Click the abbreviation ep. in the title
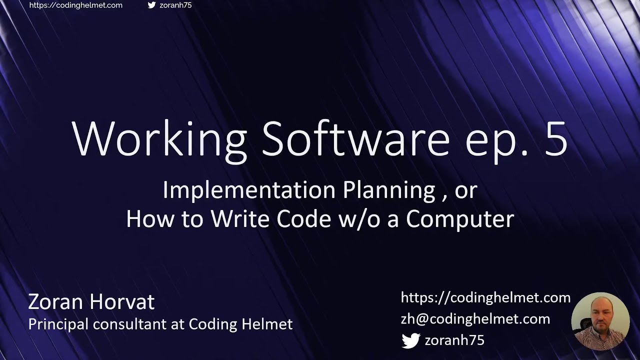click(x=495, y=142)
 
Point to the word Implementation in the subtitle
click(x=248, y=190)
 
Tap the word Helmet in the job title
click(x=266, y=324)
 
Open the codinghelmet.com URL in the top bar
click(x=76, y=5)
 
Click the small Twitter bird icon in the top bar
click(x=152, y=5)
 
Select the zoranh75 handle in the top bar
click(x=175, y=5)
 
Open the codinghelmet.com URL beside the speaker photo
click(x=485, y=298)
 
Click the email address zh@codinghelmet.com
click(x=475, y=319)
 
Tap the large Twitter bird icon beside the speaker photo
click(x=411, y=340)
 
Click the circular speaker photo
click(x=600, y=321)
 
